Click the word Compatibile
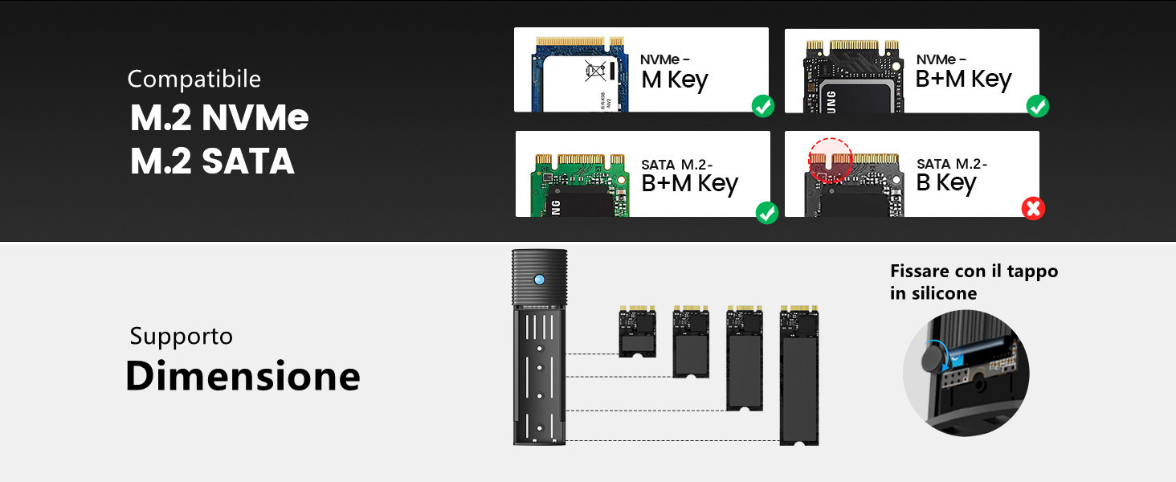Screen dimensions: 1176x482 click(194, 79)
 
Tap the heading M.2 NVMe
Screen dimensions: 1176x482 click(219, 119)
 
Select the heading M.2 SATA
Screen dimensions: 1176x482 click(212, 161)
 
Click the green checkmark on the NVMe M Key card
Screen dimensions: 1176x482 click(762, 105)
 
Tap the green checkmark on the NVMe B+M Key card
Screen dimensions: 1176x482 click(1038, 105)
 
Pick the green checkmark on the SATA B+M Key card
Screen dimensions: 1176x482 click(767, 213)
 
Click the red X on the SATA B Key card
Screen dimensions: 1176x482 click(1032, 209)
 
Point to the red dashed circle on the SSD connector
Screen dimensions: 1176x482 click(831, 159)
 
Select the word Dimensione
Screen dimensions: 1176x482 click(243, 376)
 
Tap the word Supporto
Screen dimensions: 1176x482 click(181, 336)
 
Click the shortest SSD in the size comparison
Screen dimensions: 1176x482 click(638, 331)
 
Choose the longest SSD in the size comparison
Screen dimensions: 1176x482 click(799, 374)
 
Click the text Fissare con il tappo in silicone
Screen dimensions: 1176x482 click(973, 282)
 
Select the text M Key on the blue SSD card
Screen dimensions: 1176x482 click(674, 80)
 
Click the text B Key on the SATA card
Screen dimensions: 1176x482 click(945, 183)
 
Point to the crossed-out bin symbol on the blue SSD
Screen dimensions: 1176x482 click(595, 72)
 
